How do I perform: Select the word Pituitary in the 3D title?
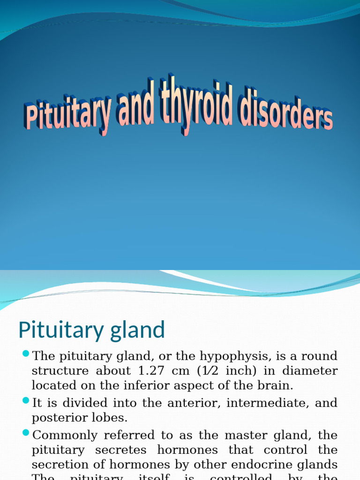click(x=68, y=115)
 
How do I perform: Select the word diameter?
click(x=312, y=371)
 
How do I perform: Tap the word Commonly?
click(x=64, y=435)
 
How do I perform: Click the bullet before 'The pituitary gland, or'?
click(x=25, y=353)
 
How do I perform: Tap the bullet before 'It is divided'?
click(x=25, y=400)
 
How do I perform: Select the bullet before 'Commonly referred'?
click(x=25, y=432)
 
